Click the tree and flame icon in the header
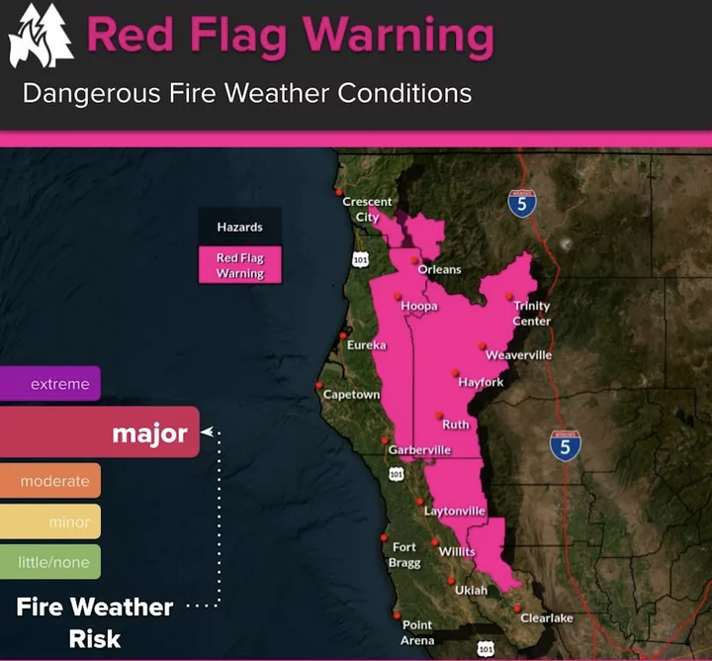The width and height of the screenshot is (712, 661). pyautogui.click(x=41, y=36)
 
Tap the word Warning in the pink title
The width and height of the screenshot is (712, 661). pyautogui.click(x=399, y=37)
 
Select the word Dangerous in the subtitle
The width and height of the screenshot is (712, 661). pyautogui.click(x=91, y=93)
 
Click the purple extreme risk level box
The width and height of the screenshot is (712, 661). pyautogui.click(x=50, y=383)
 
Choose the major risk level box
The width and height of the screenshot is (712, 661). pyautogui.click(x=100, y=432)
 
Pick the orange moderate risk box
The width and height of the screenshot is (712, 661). pyautogui.click(x=50, y=480)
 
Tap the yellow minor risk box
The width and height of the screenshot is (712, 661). pyautogui.click(x=50, y=521)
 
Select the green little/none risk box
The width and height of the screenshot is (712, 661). pyautogui.click(x=50, y=562)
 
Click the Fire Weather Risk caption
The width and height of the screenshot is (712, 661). pyautogui.click(x=95, y=622)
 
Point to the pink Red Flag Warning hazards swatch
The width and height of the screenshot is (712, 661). pyautogui.click(x=240, y=265)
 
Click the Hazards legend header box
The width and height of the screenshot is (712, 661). pyautogui.click(x=240, y=227)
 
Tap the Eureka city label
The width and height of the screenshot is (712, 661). pyautogui.click(x=367, y=345)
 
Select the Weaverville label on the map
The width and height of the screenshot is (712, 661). pyautogui.click(x=518, y=355)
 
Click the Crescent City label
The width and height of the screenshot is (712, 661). pyautogui.click(x=367, y=209)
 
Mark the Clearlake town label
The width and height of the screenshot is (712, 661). pyautogui.click(x=547, y=617)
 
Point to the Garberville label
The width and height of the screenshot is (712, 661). pyautogui.click(x=419, y=450)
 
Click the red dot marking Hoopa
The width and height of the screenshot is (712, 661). pyautogui.click(x=398, y=297)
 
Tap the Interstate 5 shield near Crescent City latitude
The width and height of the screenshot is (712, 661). pyautogui.click(x=522, y=203)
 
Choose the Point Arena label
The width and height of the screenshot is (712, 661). pyautogui.click(x=417, y=632)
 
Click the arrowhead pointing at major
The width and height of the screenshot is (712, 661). pyautogui.click(x=207, y=431)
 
